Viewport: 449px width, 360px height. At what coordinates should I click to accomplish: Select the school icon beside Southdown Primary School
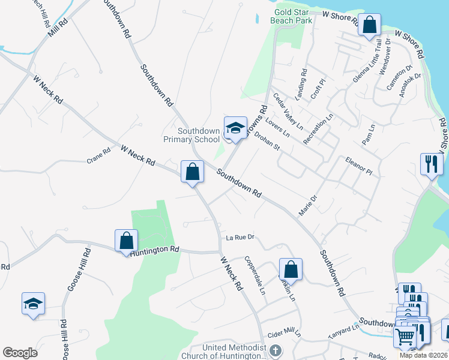[235, 127]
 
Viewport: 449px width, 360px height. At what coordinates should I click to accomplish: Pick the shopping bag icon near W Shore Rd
[370, 26]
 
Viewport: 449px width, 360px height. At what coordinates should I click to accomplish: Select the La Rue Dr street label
[241, 238]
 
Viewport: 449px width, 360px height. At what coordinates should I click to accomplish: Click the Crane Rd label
[99, 157]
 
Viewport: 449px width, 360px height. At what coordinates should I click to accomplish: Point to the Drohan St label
[268, 142]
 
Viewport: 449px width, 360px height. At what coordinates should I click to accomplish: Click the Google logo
[20, 353]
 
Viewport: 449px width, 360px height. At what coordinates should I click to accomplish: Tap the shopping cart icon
[405, 337]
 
